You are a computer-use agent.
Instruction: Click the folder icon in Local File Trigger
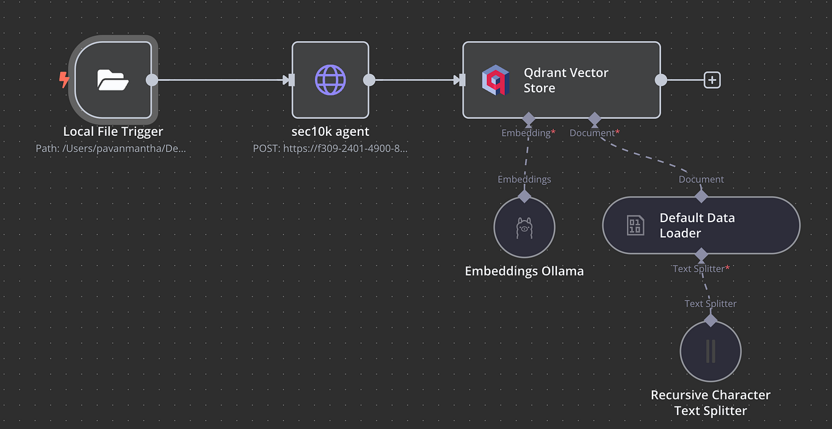pyautogui.click(x=113, y=80)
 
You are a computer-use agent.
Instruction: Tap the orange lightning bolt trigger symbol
pyautogui.click(x=64, y=80)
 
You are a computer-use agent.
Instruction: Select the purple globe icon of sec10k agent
pyautogui.click(x=330, y=80)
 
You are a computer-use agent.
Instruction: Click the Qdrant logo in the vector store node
pyautogui.click(x=496, y=80)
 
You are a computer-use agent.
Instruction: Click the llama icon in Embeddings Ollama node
pyautogui.click(x=524, y=228)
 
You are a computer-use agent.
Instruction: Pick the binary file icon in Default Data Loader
pyautogui.click(x=635, y=225)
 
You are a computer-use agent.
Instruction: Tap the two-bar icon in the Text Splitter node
pyautogui.click(x=710, y=351)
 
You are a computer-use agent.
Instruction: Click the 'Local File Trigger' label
pyautogui.click(x=113, y=132)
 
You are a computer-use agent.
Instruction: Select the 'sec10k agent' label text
pyautogui.click(x=330, y=132)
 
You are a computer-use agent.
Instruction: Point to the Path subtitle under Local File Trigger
pyautogui.click(x=111, y=149)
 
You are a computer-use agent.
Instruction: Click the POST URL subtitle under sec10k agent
pyautogui.click(x=330, y=149)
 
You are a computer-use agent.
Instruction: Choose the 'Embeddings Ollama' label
pyautogui.click(x=524, y=271)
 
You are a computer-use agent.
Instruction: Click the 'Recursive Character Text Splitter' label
pyautogui.click(x=710, y=403)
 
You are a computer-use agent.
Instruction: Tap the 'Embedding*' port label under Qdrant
pyautogui.click(x=528, y=133)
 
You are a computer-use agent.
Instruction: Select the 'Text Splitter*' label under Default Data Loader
pyautogui.click(x=701, y=269)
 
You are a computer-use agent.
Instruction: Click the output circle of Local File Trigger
pyautogui.click(x=151, y=80)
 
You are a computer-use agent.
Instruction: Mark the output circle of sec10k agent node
pyautogui.click(x=369, y=80)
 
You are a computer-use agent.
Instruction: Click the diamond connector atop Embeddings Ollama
pyautogui.click(x=524, y=196)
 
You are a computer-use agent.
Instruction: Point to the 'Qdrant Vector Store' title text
pyautogui.click(x=565, y=80)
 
